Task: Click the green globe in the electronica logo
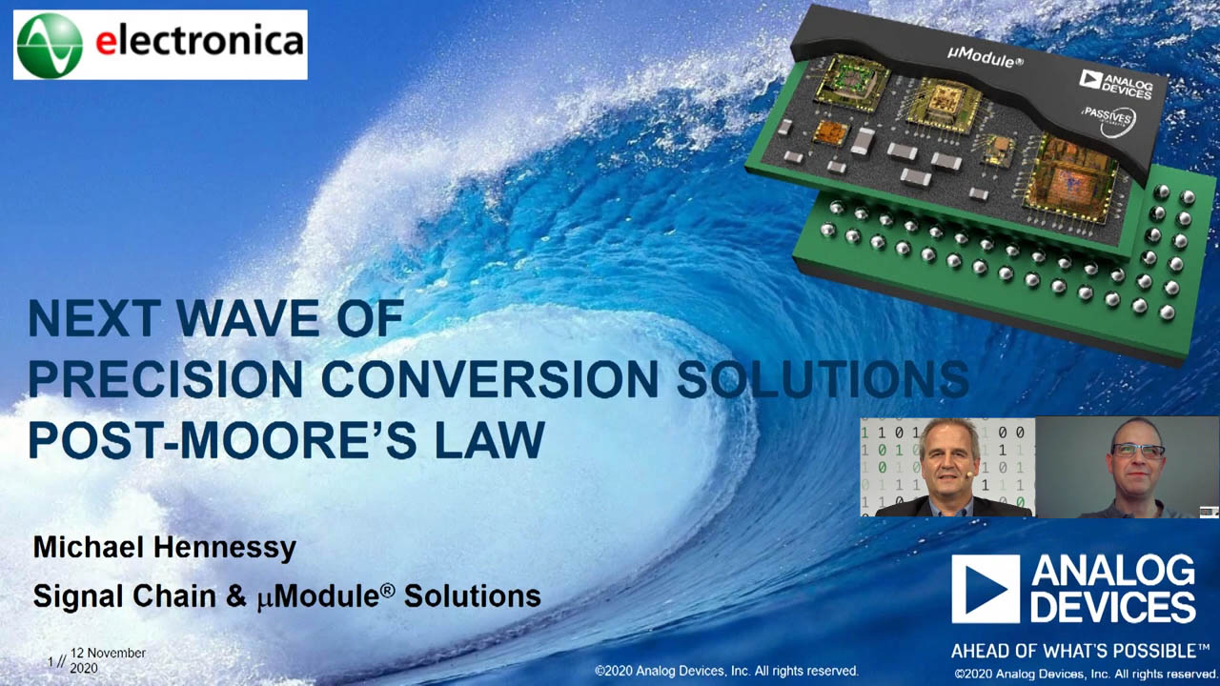(51, 46)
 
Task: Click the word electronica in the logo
(199, 41)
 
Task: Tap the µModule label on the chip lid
(985, 58)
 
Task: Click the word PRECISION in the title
(166, 378)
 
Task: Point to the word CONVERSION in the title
(490, 378)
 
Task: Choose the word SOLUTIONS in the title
(823, 378)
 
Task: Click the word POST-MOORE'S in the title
(222, 439)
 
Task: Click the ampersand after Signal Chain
(235, 596)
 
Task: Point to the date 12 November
(108, 653)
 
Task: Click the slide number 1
(51, 661)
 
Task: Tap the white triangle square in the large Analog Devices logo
(986, 589)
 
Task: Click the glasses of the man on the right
(1138, 451)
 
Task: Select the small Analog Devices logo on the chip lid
(1115, 85)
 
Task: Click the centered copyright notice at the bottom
(726, 671)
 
